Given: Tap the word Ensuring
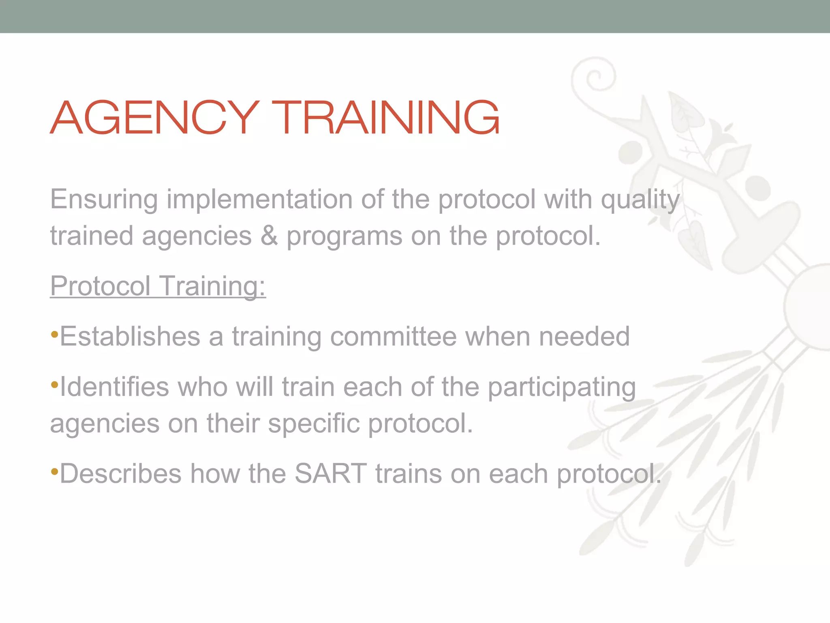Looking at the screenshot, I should pyautogui.click(x=104, y=200).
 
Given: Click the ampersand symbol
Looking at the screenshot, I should pyautogui.click(x=269, y=236).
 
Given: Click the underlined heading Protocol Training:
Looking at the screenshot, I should pyautogui.click(x=158, y=286).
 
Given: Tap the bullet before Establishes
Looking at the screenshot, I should pyautogui.click(x=55, y=335).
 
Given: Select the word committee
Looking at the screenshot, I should pyautogui.click(x=393, y=337).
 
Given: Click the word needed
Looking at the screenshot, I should pyautogui.click(x=584, y=337).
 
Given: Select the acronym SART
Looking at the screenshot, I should pyautogui.click(x=330, y=474).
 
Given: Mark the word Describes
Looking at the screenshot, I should pyautogui.click(x=121, y=474).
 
